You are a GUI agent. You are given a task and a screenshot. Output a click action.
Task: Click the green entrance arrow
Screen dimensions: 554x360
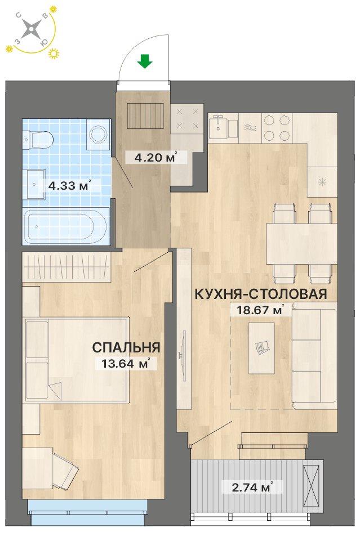(145, 61)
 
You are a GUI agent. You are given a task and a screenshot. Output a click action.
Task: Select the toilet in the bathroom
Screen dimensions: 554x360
(39, 136)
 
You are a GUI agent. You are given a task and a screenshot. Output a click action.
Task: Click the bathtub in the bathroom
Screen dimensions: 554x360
(66, 227)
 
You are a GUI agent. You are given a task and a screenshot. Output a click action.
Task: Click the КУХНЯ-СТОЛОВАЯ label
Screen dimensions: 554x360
(261, 294)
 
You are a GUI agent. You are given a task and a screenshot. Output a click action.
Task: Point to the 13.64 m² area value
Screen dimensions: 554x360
(126, 364)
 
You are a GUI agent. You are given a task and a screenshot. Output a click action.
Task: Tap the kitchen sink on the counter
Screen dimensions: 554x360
(220, 127)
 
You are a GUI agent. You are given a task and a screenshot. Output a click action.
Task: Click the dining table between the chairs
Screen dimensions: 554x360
(301, 244)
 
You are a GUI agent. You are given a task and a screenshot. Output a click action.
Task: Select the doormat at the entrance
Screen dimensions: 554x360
(146, 117)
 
